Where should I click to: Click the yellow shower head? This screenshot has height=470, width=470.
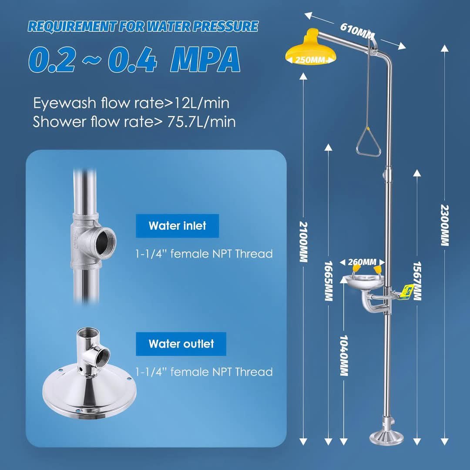(x=311, y=48)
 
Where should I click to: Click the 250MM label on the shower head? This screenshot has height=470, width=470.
(x=311, y=60)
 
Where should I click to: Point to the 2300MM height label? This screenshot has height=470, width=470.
(x=445, y=225)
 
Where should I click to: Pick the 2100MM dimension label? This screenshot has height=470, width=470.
(x=304, y=242)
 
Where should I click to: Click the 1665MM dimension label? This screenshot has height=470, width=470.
(x=329, y=281)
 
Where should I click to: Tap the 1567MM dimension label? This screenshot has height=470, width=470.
(x=417, y=281)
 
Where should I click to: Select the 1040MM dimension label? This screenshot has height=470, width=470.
(x=344, y=356)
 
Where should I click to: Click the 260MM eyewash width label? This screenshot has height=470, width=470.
(x=362, y=262)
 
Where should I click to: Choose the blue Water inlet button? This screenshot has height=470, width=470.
(x=177, y=226)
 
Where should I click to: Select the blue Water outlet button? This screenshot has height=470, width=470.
(x=181, y=344)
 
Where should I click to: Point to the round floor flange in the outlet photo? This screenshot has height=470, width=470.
(x=89, y=391)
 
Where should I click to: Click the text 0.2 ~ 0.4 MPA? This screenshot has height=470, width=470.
(x=134, y=59)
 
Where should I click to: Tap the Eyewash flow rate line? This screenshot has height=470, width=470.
(x=131, y=103)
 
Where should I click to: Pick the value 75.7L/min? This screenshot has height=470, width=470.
(x=201, y=122)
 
